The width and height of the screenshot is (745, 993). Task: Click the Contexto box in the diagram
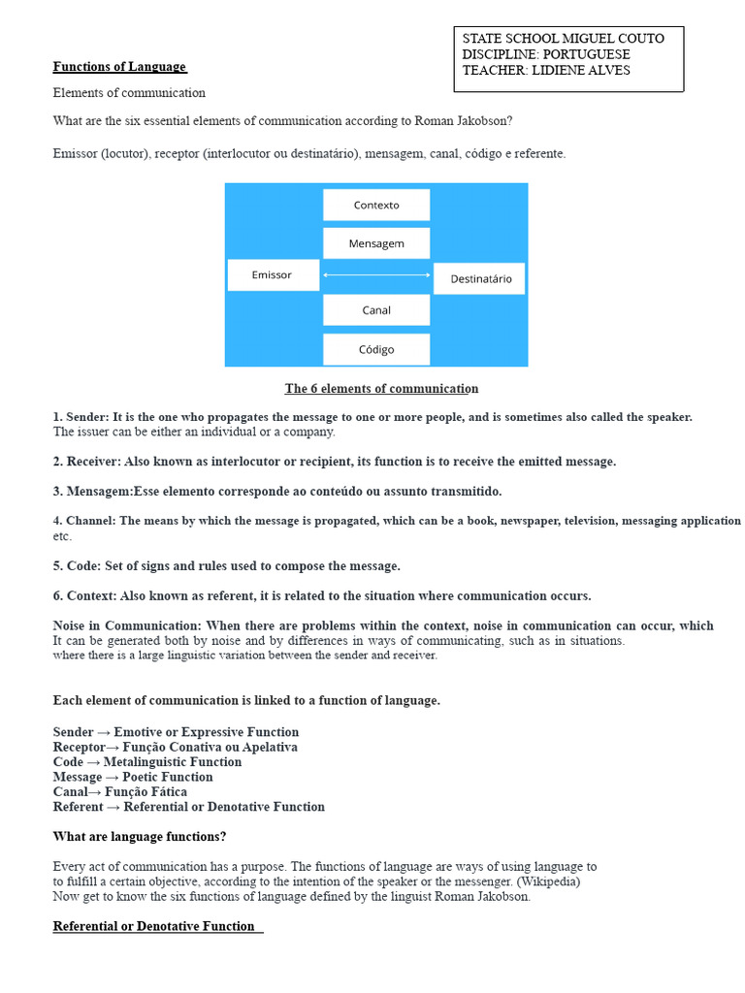pos(376,205)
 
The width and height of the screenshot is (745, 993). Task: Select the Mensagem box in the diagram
pos(376,243)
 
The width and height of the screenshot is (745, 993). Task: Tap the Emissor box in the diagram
pos(273,275)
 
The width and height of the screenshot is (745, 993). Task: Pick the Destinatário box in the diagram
pos(479,278)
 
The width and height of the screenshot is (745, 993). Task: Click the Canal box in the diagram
pos(376,310)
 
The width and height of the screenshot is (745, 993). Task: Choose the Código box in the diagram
pos(376,349)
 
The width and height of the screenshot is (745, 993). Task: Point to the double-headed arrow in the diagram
pos(376,275)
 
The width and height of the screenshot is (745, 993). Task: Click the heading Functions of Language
pos(119,67)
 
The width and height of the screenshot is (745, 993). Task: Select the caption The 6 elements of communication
pos(381,389)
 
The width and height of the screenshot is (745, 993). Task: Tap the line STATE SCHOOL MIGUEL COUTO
pos(564,39)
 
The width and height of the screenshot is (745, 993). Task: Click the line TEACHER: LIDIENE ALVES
pos(546,70)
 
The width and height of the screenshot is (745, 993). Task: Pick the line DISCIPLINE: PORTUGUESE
pos(546,54)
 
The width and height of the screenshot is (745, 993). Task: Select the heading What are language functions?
pos(140,836)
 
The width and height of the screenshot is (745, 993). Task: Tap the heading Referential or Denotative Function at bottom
pos(154,926)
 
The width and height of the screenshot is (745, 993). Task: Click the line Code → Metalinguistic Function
pos(147,762)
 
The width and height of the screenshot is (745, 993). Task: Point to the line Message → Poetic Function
pos(133,777)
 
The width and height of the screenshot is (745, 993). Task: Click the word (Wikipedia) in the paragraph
pos(548,881)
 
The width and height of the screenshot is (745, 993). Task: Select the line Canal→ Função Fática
pos(120,791)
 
